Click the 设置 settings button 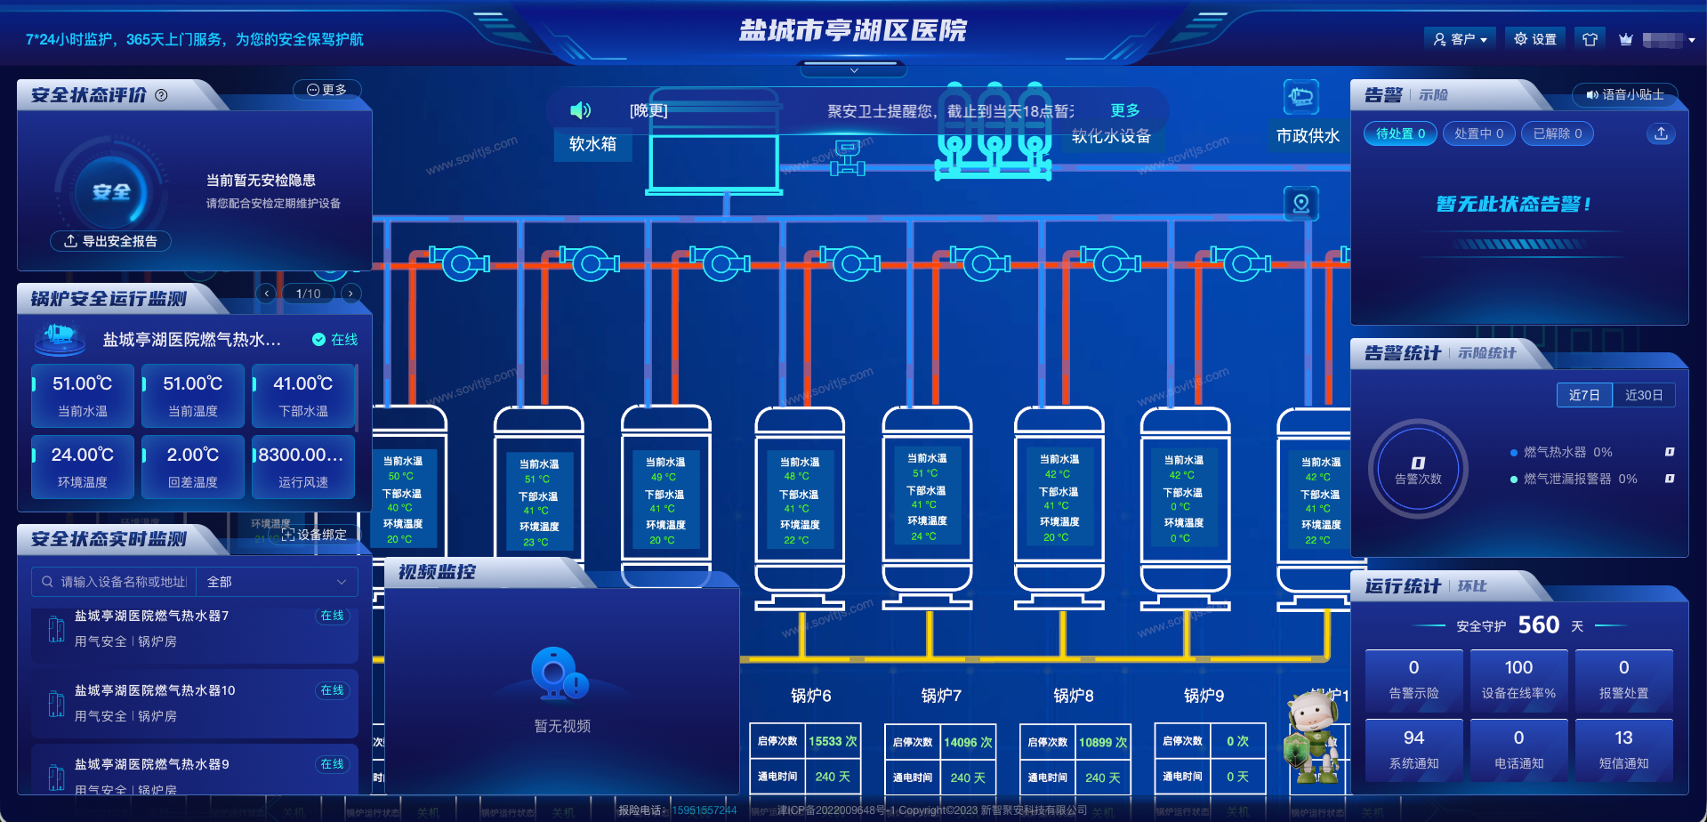1535,39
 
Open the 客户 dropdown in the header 1460,39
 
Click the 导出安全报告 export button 111,241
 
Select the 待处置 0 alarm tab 1400,133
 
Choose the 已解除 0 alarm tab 1557,133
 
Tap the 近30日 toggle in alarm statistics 1643,395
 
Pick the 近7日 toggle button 1584,395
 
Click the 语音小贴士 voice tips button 1624,94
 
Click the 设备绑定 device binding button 314,535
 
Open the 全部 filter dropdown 277,582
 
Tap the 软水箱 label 592,144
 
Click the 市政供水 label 1307,136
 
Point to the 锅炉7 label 941,696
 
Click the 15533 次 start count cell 833,742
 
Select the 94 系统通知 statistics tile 1413,749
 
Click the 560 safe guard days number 1538,625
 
